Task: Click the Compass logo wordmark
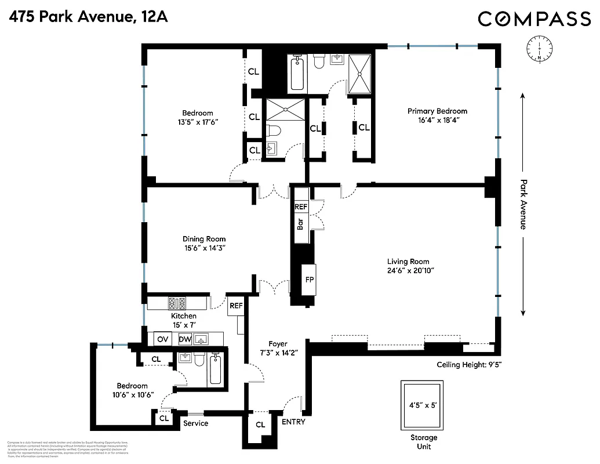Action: [534, 19]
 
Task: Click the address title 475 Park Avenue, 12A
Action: [88, 17]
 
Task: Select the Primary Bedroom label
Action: [437, 111]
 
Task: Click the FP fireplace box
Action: [310, 280]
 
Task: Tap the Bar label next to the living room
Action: [300, 223]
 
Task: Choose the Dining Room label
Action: [204, 239]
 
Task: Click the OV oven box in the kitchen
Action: [163, 339]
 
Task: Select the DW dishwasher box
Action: [185, 339]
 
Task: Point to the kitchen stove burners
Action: [177, 303]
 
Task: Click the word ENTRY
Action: [293, 422]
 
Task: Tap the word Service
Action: [195, 423]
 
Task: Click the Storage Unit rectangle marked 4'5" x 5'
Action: [421, 405]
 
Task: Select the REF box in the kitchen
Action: [236, 306]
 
